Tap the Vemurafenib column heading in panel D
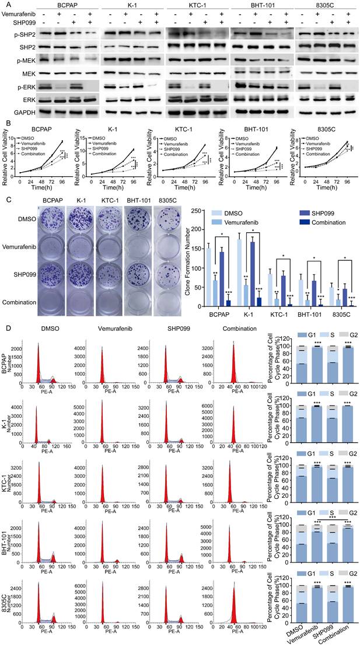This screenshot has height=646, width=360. (x=105, y=330)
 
